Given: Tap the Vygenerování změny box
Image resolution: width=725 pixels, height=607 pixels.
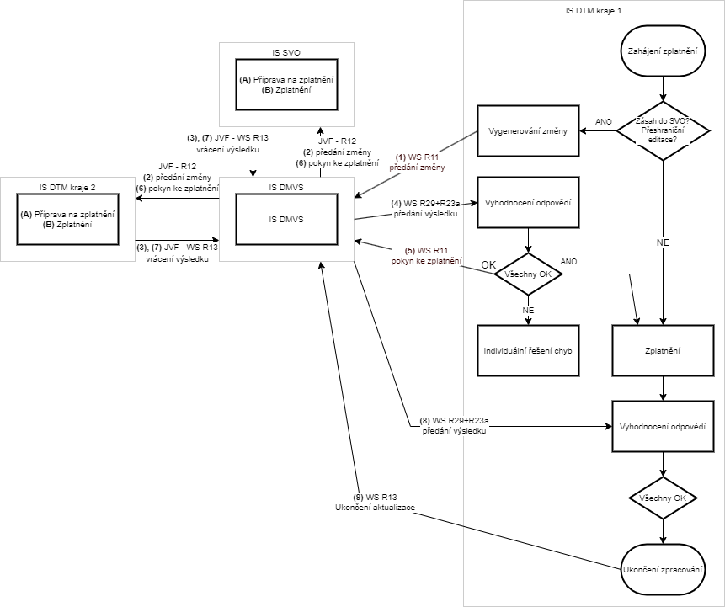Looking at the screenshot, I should pyautogui.click(x=528, y=130).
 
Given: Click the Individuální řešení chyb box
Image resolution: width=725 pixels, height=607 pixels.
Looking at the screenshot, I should pyautogui.click(x=528, y=349).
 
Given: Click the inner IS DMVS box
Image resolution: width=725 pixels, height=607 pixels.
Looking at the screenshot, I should pyautogui.click(x=285, y=219).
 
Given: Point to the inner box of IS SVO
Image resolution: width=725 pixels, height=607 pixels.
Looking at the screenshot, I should pyautogui.click(x=285, y=83).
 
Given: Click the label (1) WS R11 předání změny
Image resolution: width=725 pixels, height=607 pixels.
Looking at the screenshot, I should pyautogui.click(x=418, y=162).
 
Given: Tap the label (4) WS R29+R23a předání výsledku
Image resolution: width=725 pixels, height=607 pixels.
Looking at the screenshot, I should pyautogui.click(x=424, y=209).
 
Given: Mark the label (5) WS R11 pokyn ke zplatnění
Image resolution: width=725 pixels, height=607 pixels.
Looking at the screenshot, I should pyautogui.click(x=426, y=255).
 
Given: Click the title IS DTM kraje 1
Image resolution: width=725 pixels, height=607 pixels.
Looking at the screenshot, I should pyautogui.click(x=594, y=9).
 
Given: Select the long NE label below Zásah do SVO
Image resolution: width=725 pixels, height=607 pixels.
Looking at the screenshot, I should pyautogui.click(x=664, y=242).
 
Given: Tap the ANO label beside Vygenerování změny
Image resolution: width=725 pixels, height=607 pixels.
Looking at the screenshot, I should pyautogui.click(x=604, y=121).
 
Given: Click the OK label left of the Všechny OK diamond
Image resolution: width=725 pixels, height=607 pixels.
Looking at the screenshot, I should pyautogui.click(x=488, y=265).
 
